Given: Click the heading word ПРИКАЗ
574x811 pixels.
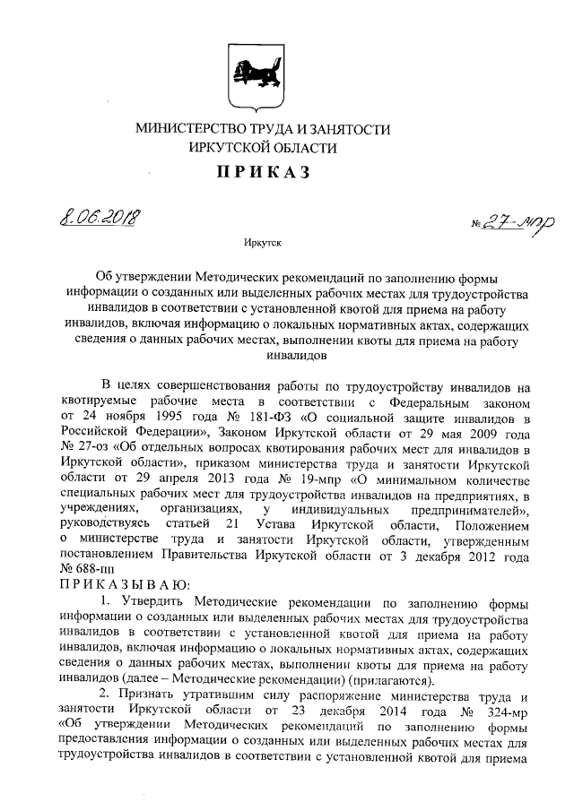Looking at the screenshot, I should (262, 172).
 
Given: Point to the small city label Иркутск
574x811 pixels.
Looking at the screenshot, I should (262, 242).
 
